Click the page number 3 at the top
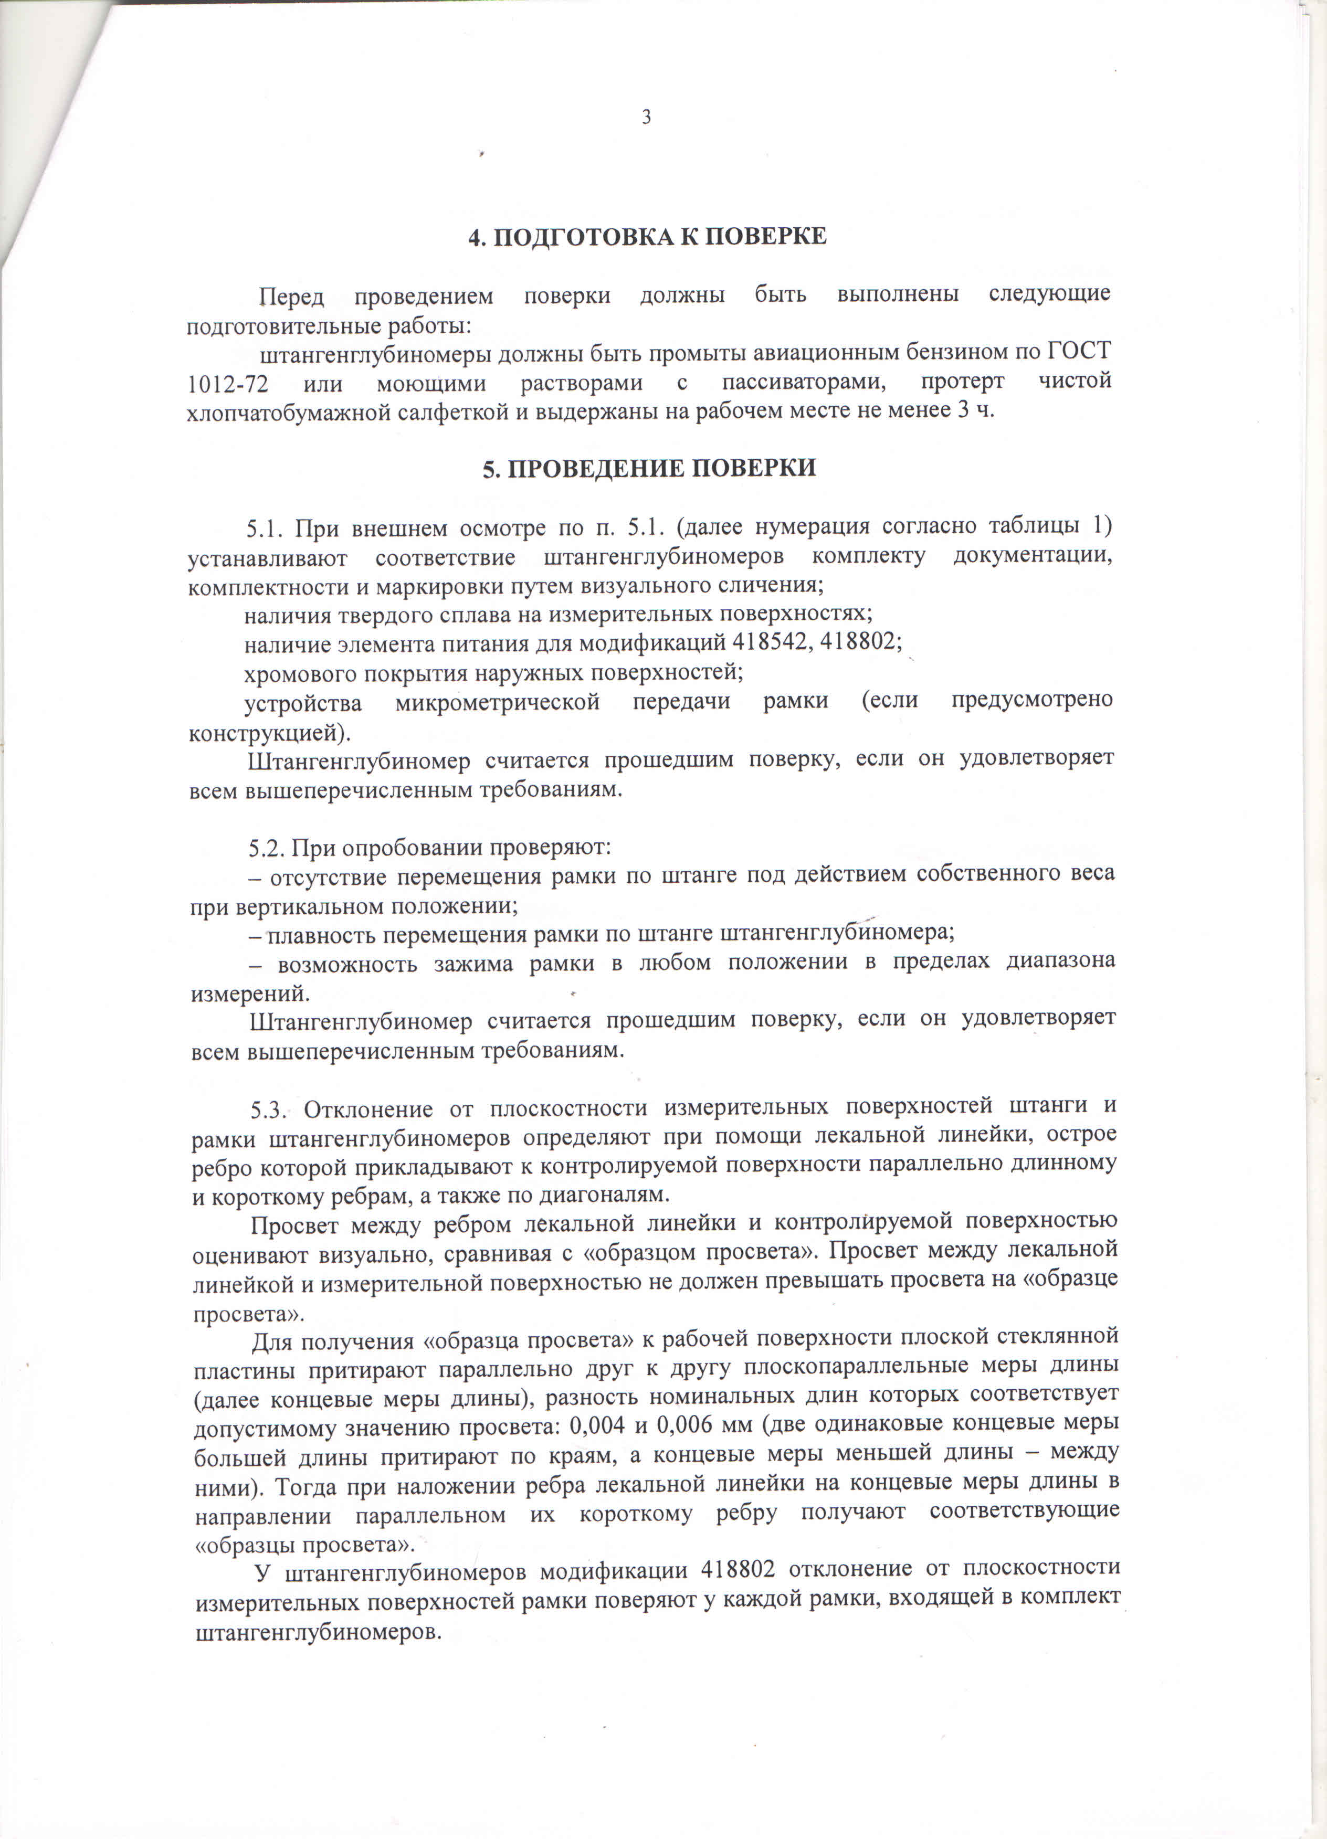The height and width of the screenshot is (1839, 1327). [647, 118]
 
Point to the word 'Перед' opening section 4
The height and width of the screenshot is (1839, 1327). [291, 297]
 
